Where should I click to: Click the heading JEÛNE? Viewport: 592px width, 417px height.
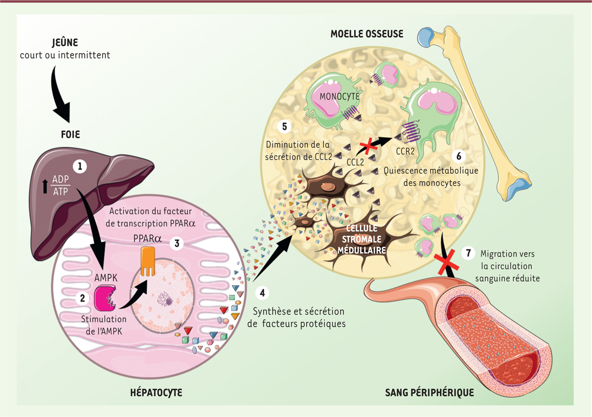(x=65, y=42)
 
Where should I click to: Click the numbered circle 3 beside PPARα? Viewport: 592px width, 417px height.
(x=176, y=243)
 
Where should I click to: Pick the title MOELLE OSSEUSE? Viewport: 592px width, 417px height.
(x=367, y=34)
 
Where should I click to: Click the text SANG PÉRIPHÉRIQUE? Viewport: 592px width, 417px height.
(x=429, y=393)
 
